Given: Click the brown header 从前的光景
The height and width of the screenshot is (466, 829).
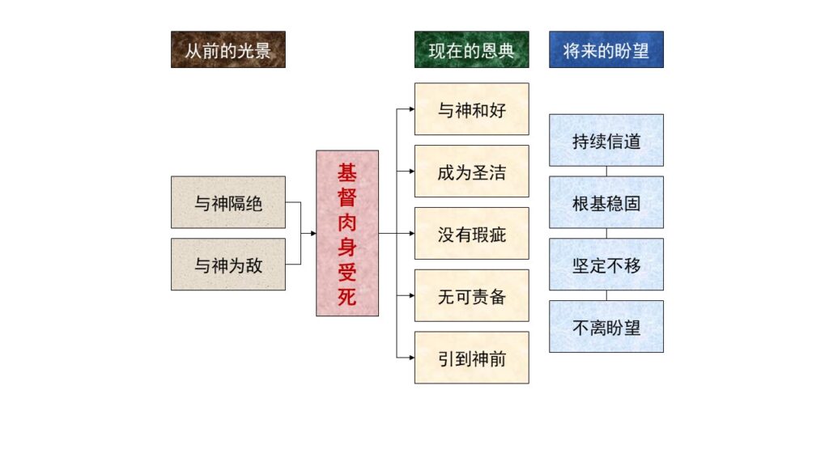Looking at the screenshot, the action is [227, 49].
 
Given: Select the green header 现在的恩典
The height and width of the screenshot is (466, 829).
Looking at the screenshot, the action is [472, 49].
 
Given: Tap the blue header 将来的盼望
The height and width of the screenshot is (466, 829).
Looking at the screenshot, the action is [606, 49].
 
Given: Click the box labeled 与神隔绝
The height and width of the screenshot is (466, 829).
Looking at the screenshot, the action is [227, 202].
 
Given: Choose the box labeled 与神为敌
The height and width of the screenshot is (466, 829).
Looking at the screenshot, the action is [227, 265].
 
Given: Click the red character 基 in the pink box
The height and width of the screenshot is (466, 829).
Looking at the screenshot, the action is [346, 173].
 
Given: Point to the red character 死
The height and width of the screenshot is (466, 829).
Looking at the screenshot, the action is [346, 296].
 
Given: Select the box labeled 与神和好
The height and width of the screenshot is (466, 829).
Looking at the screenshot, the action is [472, 109].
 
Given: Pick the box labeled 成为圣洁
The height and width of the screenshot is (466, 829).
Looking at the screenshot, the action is [472, 172].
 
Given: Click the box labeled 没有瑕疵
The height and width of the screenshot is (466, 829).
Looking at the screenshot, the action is [472, 233].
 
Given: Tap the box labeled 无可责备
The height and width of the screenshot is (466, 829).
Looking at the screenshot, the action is [472, 295].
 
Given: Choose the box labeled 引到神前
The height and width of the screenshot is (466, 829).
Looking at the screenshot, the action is [472, 358].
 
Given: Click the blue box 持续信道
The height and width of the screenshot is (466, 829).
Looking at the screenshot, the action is [606, 140].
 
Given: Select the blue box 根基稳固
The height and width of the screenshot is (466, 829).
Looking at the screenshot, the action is [606, 202].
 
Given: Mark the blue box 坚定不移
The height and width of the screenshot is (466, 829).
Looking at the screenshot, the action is [606, 265].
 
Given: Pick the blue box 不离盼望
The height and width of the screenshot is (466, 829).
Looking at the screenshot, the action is [606, 327].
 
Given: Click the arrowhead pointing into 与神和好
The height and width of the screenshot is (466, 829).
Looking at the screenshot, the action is [412, 109].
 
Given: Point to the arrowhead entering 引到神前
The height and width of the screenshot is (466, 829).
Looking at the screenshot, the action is [412, 358].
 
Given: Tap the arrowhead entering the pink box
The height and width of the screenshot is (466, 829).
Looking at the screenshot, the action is [313, 233].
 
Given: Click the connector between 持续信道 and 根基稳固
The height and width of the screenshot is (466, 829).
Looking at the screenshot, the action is [606, 172].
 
